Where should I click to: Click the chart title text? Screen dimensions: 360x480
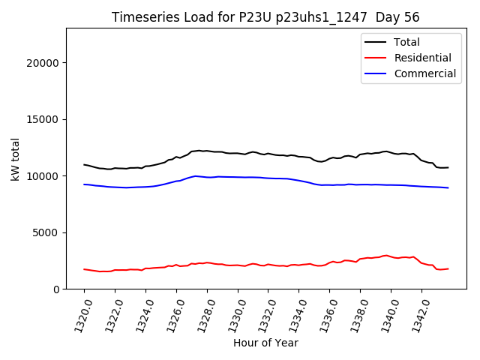click(265, 17)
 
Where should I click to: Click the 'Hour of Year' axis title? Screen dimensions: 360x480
click(265, 343)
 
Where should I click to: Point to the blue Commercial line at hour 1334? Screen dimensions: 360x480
click(298, 180)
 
